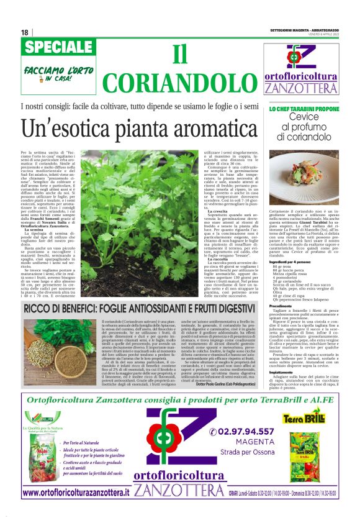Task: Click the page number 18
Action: [x=24, y=32]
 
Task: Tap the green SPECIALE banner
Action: [x=59, y=47]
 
